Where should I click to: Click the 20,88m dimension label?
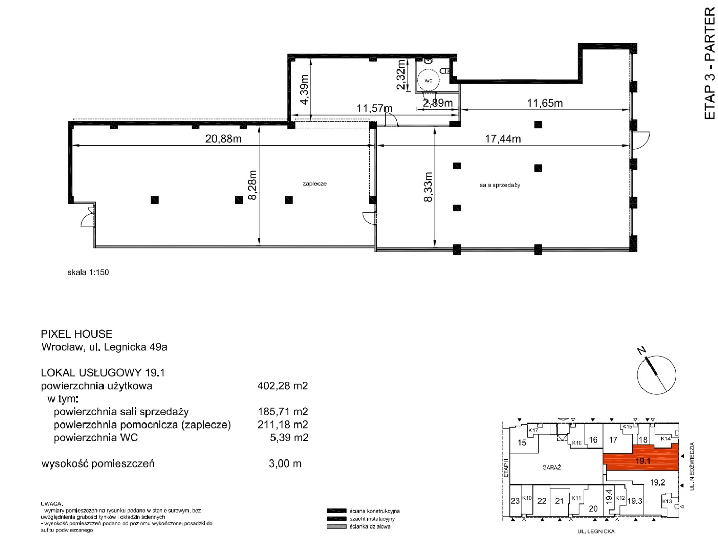click(223, 139)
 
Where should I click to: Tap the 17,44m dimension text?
click(503, 139)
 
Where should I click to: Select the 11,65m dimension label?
click(545, 103)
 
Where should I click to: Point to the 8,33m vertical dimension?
click(428, 187)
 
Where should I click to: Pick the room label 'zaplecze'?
click(314, 183)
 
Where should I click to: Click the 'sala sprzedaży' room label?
click(500, 185)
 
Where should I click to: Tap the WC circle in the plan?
click(428, 80)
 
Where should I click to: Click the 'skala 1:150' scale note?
click(88, 272)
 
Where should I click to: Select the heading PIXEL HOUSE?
click(76, 334)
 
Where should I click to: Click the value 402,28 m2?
click(282, 386)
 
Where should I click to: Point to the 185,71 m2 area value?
click(282, 412)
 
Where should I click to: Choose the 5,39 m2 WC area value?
click(289, 437)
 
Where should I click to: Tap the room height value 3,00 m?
click(285, 463)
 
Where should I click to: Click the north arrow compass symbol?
click(656, 374)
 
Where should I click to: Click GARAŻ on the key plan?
click(551, 467)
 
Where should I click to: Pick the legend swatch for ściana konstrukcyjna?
click(337, 511)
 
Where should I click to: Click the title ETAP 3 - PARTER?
click(710, 63)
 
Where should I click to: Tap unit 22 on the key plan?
click(542, 501)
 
